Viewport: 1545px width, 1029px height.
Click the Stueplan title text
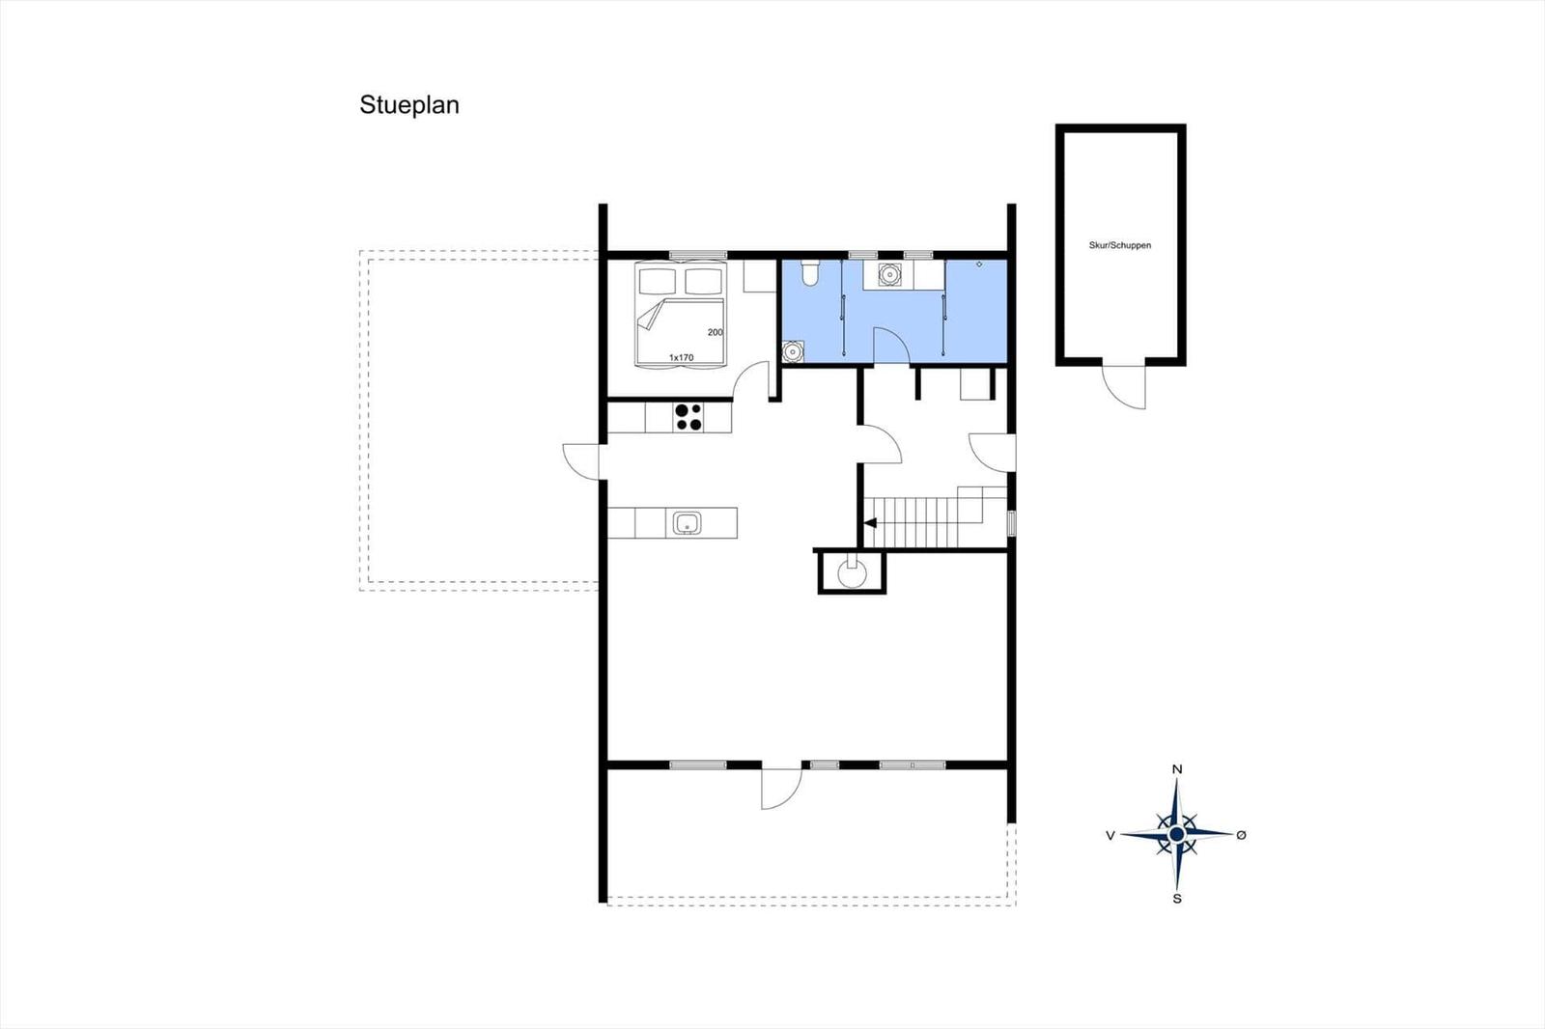click(409, 105)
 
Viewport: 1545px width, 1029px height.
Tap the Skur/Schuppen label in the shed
click(1120, 245)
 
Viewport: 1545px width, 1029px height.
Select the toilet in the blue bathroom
click(810, 272)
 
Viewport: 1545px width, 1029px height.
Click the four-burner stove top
click(688, 417)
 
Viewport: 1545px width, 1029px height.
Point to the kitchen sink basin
click(687, 523)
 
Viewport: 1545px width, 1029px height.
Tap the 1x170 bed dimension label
click(681, 358)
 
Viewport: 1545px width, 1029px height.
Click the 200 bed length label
click(716, 332)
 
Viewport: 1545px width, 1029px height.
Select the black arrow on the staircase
click(870, 523)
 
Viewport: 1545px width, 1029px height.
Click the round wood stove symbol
click(852, 573)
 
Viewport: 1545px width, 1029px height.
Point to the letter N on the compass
click(1177, 769)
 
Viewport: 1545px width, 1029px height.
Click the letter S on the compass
click(1177, 899)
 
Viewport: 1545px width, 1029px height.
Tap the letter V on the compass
click(1110, 836)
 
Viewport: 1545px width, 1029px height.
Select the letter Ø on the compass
click(1242, 835)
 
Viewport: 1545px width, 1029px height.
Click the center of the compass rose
click(1177, 835)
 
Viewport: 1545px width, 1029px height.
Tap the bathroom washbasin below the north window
click(889, 274)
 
